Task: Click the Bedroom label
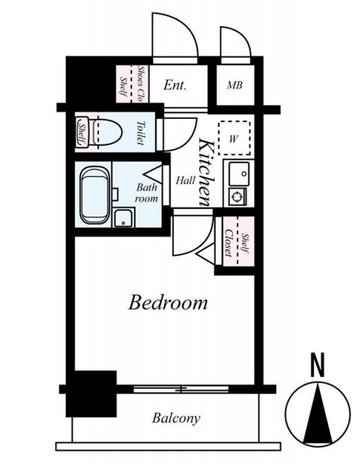pos(168,302)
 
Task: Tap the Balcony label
pos(176,418)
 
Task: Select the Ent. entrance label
pos(175,86)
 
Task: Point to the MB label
pos(235,86)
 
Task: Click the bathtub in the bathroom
pos(94,195)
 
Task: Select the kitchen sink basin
pos(239,174)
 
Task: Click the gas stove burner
pos(238,196)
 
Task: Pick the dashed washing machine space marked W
pos(234,138)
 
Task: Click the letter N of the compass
pos(318,365)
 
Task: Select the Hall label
pos(185,181)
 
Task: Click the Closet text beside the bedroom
pos(228,243)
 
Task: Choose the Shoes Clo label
pos(141,84)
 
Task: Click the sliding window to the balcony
pos(181,389)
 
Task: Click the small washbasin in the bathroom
pos(124,217)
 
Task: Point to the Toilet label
pos(141,133)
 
